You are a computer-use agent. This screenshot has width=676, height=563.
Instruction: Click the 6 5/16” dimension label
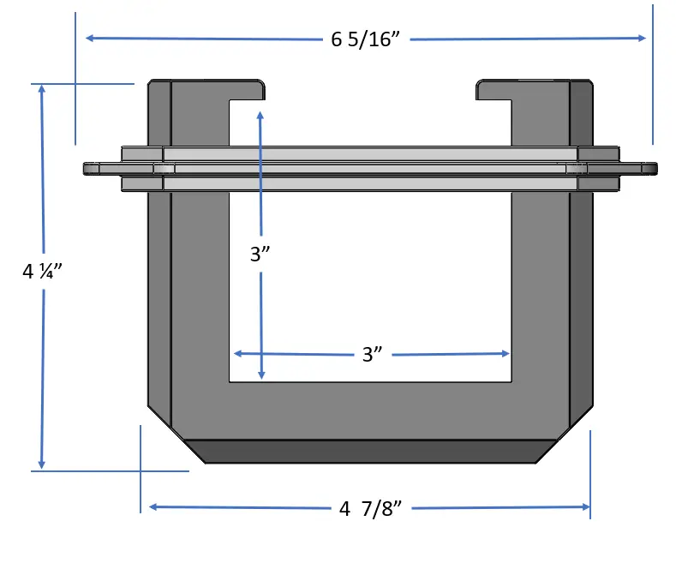pyautogui.click(x=366, y=39)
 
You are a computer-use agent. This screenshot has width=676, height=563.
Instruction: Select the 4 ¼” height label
pyautogui.click(x=42, y=271)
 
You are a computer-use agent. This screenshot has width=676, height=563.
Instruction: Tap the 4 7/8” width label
pyautogui.click(x=370, y=509)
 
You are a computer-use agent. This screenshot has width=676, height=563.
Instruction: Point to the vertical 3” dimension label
pyautogui.click(x=260, y=254)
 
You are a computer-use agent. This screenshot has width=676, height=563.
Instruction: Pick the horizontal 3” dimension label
pyautogui.click(x=373, y=355)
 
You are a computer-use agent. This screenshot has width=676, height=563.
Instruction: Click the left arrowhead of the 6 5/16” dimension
pyautogui.click(x=90, y=39)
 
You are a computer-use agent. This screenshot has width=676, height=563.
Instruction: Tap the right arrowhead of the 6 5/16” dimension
pyautogui.click(x=642, y=38)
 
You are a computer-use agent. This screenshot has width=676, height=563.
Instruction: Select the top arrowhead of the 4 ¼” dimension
pyautogui.click(x=42, y=89)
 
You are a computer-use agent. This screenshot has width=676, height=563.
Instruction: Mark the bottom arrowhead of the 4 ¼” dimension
pyautogui.click(x=41, y=464)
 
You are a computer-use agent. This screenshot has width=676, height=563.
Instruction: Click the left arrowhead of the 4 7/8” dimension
pyautogui.click(x=153, y=507)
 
